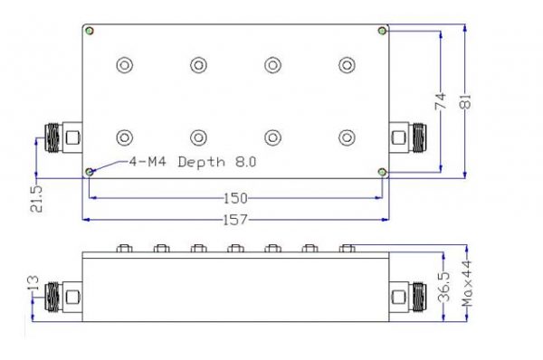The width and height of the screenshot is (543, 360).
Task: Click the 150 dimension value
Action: (x=235, y=198)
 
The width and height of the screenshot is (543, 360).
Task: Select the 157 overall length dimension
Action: (x=235, y=220)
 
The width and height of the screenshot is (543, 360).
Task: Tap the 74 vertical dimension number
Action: (x=441, y=101)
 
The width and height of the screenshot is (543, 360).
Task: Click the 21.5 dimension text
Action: (x=36, y=198)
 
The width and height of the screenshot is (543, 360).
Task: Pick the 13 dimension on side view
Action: (x=33, y=283)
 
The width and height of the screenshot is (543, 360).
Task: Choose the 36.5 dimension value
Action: (x=443, y=287)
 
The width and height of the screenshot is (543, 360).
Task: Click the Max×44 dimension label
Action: (x=467, y=284)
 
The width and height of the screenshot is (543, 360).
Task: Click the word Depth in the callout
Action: (x=202, y=162)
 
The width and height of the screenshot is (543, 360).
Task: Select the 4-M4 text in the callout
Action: (x=148, y=161)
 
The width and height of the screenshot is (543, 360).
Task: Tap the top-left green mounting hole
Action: (x=90, y=31)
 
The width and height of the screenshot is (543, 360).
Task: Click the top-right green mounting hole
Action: (x=382, y=31)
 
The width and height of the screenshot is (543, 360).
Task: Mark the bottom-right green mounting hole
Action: (x=382, y=172)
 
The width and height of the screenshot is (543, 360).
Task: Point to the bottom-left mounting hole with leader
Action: (x=90, y=172)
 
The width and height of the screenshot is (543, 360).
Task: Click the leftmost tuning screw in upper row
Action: (x=125, y=65)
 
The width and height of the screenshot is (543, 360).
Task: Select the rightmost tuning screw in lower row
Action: (x=347, y=137)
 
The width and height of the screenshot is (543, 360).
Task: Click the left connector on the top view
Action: (x=63, y=137)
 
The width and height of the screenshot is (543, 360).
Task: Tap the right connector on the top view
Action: (x=408, y=137)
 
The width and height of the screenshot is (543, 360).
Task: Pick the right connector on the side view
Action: (x=408, y=298)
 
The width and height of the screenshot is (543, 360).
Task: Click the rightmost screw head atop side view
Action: (x=347, y=248)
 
